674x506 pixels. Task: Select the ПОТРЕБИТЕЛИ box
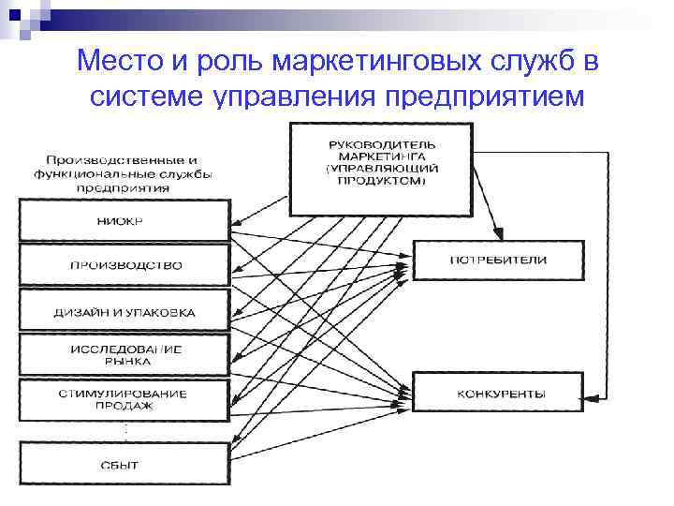(x=499, y=260)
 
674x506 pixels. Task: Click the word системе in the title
(x=145, y=97)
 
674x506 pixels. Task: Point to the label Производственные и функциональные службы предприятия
(x=122, y=172)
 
